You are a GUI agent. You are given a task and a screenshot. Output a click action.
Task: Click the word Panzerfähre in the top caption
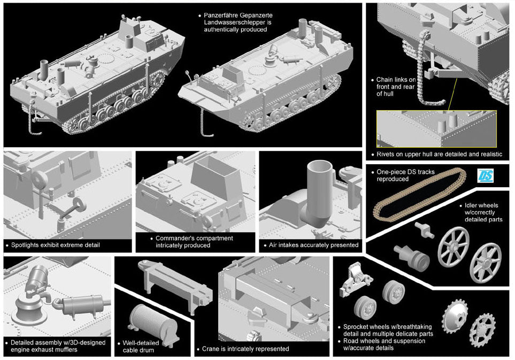coord(224,16)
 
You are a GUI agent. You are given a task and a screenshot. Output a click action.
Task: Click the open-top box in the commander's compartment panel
coord(210,173)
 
